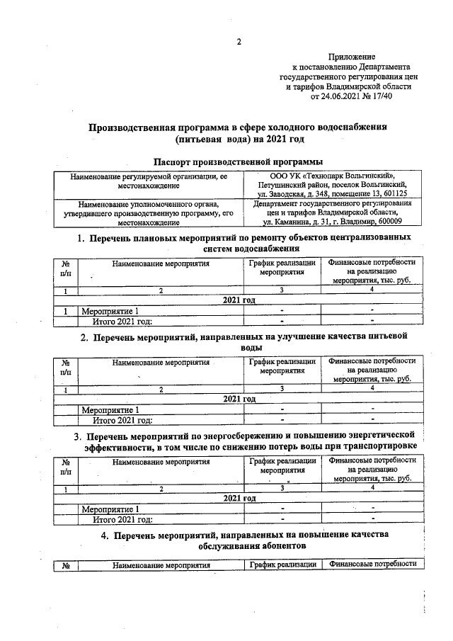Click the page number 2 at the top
pyautogui.click(x=239, y=41)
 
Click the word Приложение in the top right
pyautogui.click(x=352, y=56)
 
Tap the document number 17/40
pyautogui.click(x=382, y=96)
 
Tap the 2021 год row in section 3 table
pyautogui.click(x=239, y=498)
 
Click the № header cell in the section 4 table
pyautogui.click(x=66, y=565)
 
